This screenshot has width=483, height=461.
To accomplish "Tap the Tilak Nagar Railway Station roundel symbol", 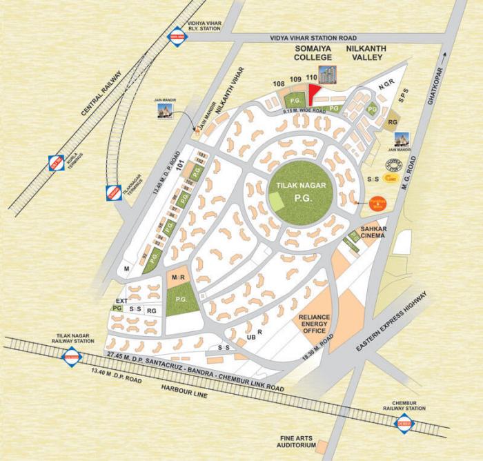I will tap(71, 357).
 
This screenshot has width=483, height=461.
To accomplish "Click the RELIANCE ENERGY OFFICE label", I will tap(314, 324).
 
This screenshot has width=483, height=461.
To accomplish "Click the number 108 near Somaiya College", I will tap(279, 84).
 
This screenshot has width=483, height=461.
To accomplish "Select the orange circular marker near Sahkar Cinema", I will tap(377, 203).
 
